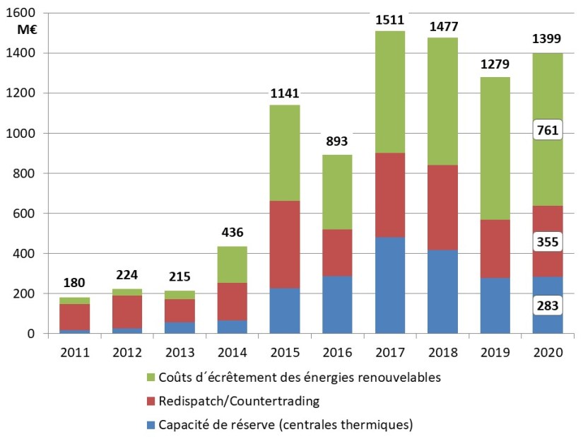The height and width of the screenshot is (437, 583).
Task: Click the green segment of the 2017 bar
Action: pyautogui.click(x=389, y=92)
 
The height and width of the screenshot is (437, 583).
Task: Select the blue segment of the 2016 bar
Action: pyautogui.click(x=337, y=304)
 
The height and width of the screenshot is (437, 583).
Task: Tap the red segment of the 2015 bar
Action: pyautogui.click(x=285, y=244)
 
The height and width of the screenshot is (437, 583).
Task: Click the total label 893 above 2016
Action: pyautogui.click(x=337, y=141)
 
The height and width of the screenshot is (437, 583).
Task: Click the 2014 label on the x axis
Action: pyautogui.click(x=232, y=352)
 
